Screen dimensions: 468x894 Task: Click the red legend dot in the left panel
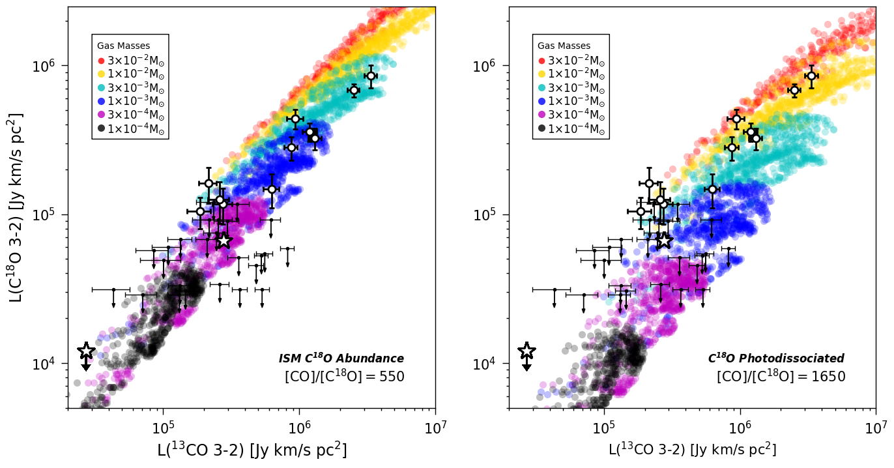[x=101, y=61]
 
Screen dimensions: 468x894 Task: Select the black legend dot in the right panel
[x=541, y=128]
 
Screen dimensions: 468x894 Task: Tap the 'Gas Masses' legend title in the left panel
[x=124, y=46]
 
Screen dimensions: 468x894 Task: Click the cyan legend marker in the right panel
[x=541, y=88]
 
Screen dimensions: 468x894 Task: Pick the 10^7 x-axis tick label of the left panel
[x=435, y=426]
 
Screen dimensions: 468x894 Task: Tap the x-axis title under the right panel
[x=692, y=450]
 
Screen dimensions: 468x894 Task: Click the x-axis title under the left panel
[x=251, y=450]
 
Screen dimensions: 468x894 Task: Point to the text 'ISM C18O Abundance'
[x=341, y=358]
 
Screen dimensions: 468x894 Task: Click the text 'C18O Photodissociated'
[x=776, y=358]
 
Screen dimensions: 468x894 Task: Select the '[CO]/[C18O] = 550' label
[x=345, y=377]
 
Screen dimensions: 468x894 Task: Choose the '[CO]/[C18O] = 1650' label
[x=781, y=377]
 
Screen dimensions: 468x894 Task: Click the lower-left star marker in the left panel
[x=86, y=351]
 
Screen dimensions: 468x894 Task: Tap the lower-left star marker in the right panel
[x=526, y=351]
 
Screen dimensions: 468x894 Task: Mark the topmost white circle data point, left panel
[x=371, y=76]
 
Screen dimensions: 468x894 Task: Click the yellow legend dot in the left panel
[x=101, y=74]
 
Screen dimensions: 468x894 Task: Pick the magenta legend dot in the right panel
[x=541, y=115]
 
